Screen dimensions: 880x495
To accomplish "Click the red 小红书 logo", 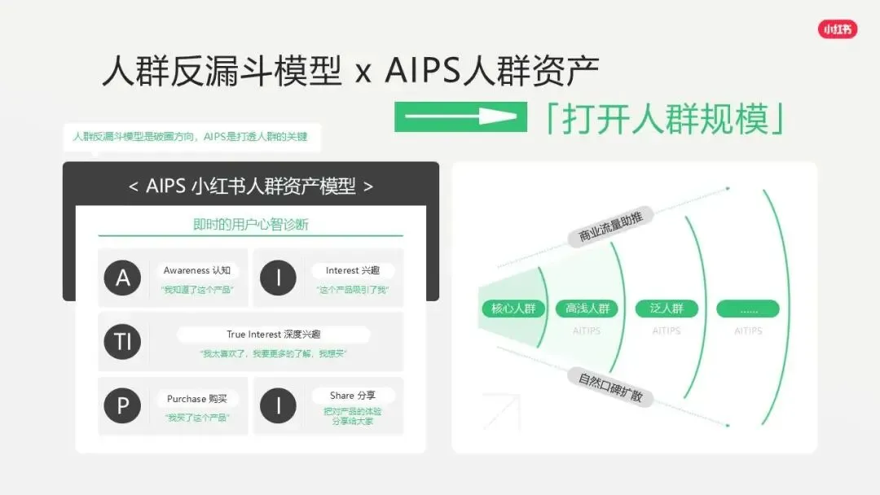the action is (x=838, y=29).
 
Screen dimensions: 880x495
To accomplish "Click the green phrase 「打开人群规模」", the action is (x=665, y=119).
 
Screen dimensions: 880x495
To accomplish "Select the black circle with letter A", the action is (x=122, y=278).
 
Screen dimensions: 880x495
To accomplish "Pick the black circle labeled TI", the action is (x=122, y=342).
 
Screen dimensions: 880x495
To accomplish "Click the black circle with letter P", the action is (x=122, y=405).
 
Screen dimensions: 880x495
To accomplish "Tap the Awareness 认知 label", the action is (x=197, y=270).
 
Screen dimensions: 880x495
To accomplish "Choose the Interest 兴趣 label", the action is (x=353, y=270).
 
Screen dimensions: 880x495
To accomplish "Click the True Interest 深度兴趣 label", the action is (x=273, y=335).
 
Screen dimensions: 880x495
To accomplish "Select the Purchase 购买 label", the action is (x=197, y=399).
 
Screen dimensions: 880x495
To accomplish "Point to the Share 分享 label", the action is (x=353, y=396).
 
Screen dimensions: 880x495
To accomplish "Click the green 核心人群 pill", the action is (x=513, y=309).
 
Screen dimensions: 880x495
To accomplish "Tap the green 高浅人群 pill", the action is (x=587, y=309).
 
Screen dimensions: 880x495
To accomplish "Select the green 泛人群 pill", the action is (x=667, y=309).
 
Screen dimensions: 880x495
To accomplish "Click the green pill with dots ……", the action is (x=747, y=309).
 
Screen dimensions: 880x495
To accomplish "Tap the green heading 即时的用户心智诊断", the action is (x=250, y=225).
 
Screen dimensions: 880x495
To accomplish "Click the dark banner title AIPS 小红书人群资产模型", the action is (x=251, y=186).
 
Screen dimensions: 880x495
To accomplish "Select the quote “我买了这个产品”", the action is (x=197, y=418).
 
